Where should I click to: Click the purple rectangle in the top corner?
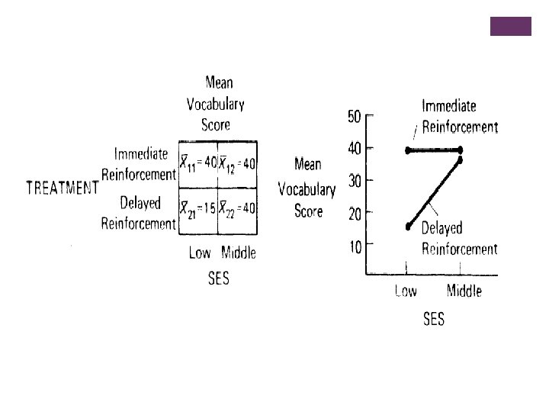(509, 26)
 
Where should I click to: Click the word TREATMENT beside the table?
(63, 188)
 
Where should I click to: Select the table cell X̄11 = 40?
(198, 163)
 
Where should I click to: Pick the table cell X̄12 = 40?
(237, 163)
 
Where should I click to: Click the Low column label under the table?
(199, 253)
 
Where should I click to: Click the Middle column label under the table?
(239, 253)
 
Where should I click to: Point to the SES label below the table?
(219, 278)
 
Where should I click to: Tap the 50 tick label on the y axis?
(355, 116)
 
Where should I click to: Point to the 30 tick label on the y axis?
(355, 181)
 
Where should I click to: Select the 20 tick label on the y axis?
(355, 214)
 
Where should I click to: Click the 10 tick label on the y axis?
(355, 246)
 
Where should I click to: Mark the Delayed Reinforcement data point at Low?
(408, 226)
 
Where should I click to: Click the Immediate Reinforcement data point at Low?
(408, 150)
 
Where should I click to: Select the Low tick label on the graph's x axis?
(406, 291)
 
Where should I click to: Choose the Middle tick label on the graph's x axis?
(464, 291)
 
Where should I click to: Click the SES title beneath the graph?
(434, 320)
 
